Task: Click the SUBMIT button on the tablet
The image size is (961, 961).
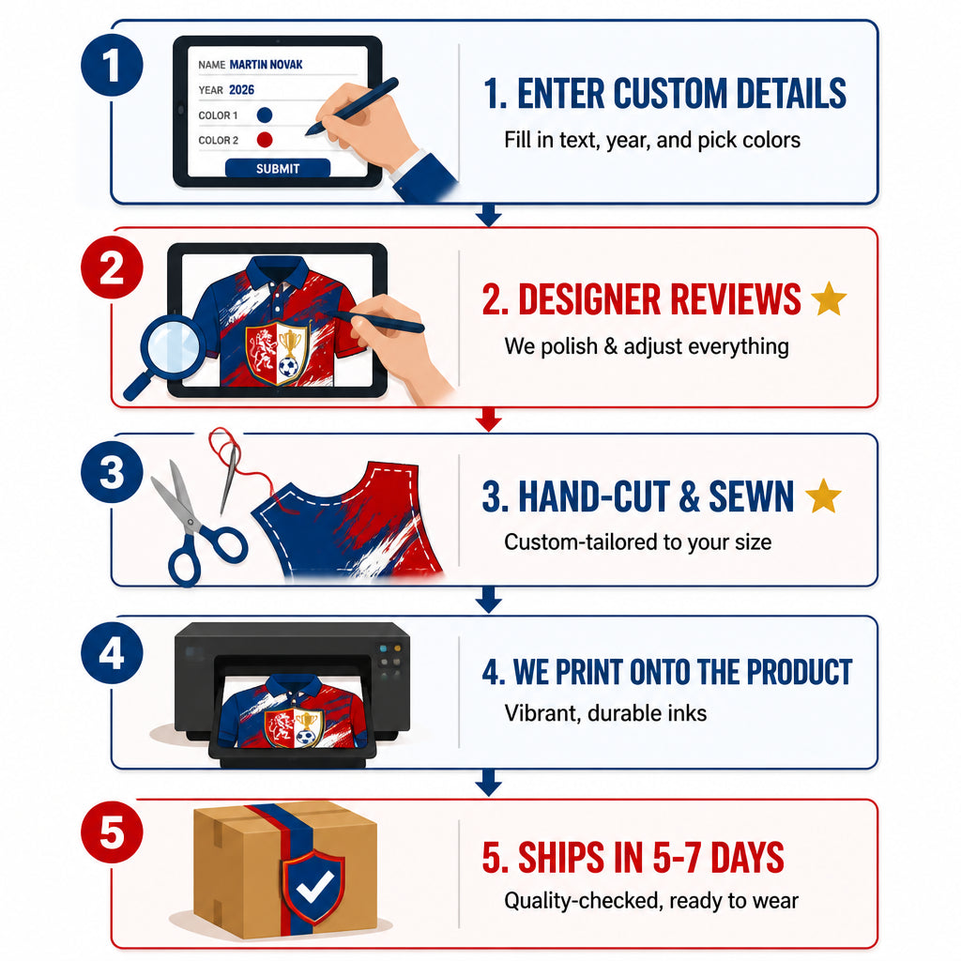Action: click(x=278, y=169)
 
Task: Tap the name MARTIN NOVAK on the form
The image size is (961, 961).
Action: click(x=266, y=65)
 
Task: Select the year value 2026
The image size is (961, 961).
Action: click(x=241, y=90)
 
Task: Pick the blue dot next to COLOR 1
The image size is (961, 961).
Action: click(x=265, y=115)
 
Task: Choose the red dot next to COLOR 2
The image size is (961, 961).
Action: click(x=265, y=140)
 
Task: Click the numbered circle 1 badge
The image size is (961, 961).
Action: click(x=113, y=65)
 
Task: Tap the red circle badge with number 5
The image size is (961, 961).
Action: click(x=113, y=832)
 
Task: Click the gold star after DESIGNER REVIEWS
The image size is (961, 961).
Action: click(x=829, y=298)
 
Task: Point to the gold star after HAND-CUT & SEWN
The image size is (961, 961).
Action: click(x=823, y=496)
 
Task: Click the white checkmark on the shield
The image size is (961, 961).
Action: click(x=313, y=886)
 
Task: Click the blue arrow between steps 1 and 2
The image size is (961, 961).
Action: click(x=488, y=215)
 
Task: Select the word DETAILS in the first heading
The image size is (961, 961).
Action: click(x=790, y=94)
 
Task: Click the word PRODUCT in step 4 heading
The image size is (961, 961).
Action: click(x=800, y=672)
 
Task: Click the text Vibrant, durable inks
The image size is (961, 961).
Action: click(x=605, y=713)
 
